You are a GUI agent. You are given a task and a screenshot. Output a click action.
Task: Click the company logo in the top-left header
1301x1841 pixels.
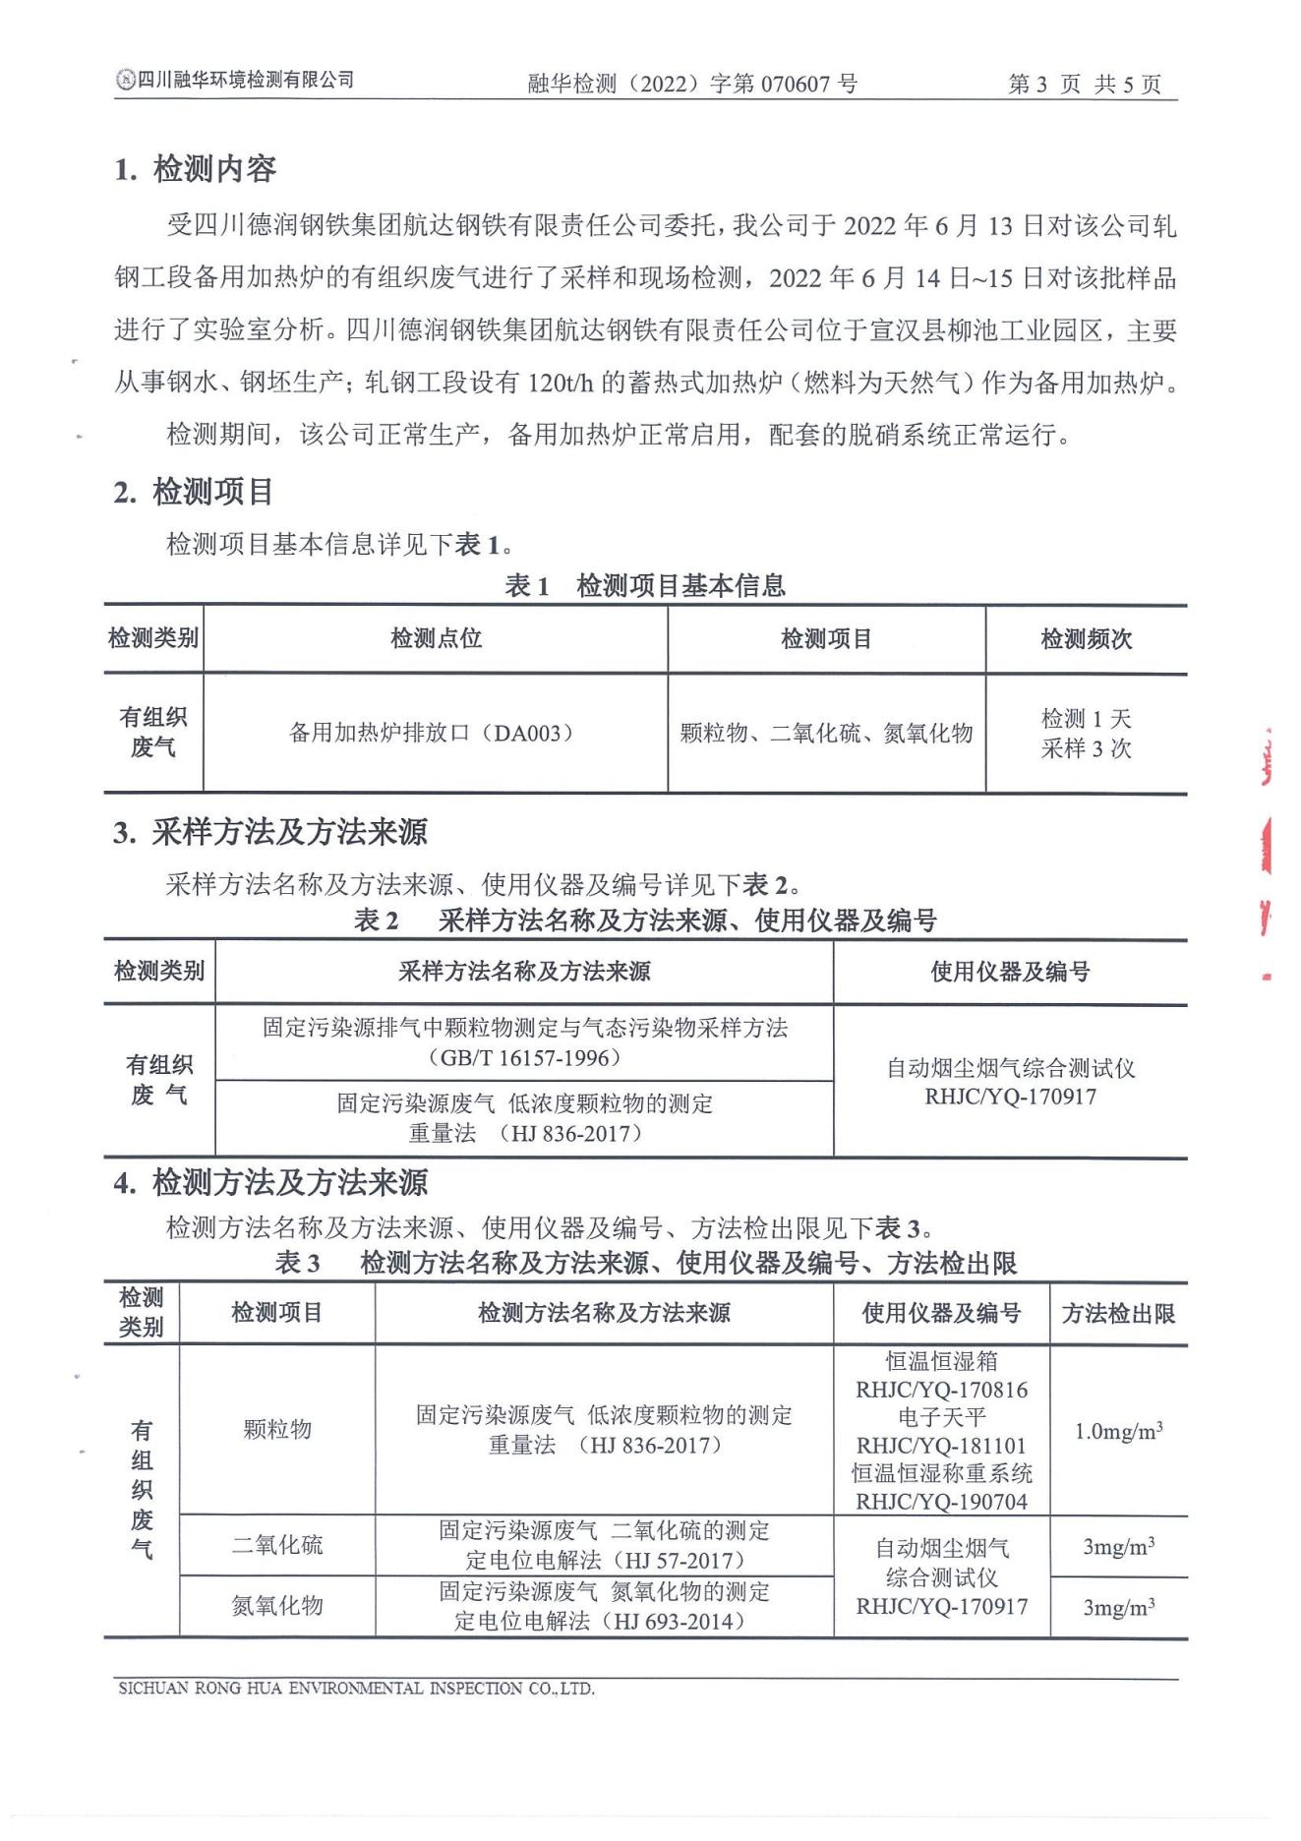coord(125,81)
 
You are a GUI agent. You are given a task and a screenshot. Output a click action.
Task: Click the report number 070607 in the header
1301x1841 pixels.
coord(796,85)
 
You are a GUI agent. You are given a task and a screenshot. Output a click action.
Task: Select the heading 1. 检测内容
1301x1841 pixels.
coord(195,169)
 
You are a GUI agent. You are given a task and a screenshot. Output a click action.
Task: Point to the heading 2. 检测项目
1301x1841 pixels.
coord(193,492)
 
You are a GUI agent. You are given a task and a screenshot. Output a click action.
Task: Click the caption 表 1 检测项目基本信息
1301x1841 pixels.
coord(645,586)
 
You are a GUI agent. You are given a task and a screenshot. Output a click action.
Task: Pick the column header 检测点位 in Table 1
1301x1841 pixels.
coord(436,638)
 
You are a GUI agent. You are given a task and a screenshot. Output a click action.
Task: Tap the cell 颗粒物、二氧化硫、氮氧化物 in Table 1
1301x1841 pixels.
coord(826,733)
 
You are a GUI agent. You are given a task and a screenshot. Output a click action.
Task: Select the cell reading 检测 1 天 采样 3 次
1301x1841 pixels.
coord(1086,734)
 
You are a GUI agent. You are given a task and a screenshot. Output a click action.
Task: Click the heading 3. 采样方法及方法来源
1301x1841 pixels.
coord(270,833)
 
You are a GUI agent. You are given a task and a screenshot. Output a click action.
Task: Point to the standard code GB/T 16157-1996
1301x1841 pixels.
coord(525,1058)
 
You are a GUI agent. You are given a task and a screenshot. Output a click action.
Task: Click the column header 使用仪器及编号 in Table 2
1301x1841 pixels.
coord(1010,972)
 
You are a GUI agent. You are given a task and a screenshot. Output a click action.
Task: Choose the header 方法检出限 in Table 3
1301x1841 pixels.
coord(1118,1313)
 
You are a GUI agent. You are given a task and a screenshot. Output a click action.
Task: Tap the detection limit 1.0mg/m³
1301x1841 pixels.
coord(1118,1431)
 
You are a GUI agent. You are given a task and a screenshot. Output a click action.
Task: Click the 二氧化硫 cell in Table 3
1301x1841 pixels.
coord(277,1545)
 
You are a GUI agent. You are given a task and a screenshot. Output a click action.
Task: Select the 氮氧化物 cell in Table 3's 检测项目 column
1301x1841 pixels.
coord(277,1606)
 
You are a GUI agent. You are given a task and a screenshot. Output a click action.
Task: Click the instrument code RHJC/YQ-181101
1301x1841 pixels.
coord(941,1446)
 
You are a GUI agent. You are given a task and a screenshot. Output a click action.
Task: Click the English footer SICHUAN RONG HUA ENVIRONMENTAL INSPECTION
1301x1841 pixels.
coord(355,1689)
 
